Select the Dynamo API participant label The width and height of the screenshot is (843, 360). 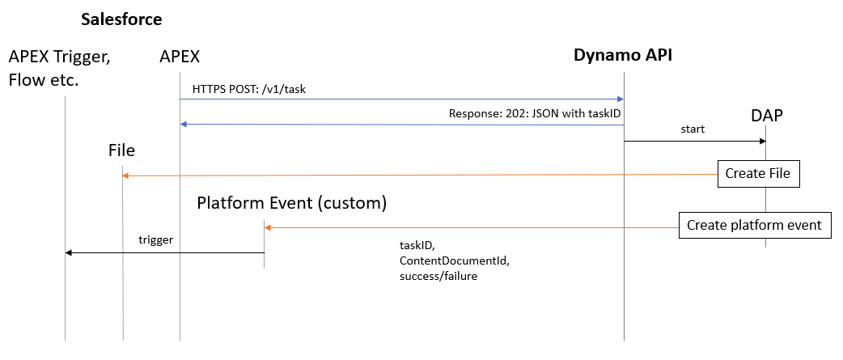(x=623, y=55)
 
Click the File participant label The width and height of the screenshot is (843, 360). (x=121, y=150)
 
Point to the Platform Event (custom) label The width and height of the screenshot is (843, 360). (x=291, y=202)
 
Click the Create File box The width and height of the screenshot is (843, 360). (x=758, y=173)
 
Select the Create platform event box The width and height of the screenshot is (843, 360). (x=754, y=226)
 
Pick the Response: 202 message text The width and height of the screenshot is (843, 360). (x=535, y=114)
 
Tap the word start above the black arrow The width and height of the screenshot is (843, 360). (x=693, y=129)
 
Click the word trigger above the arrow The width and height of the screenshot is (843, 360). (x=154, y=240)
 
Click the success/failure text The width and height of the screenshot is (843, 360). (x=438, y=277)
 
